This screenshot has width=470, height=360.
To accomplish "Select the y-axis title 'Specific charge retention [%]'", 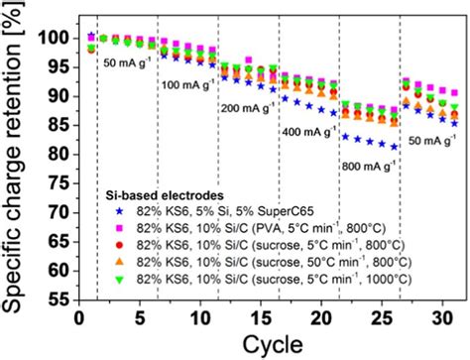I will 16,159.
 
